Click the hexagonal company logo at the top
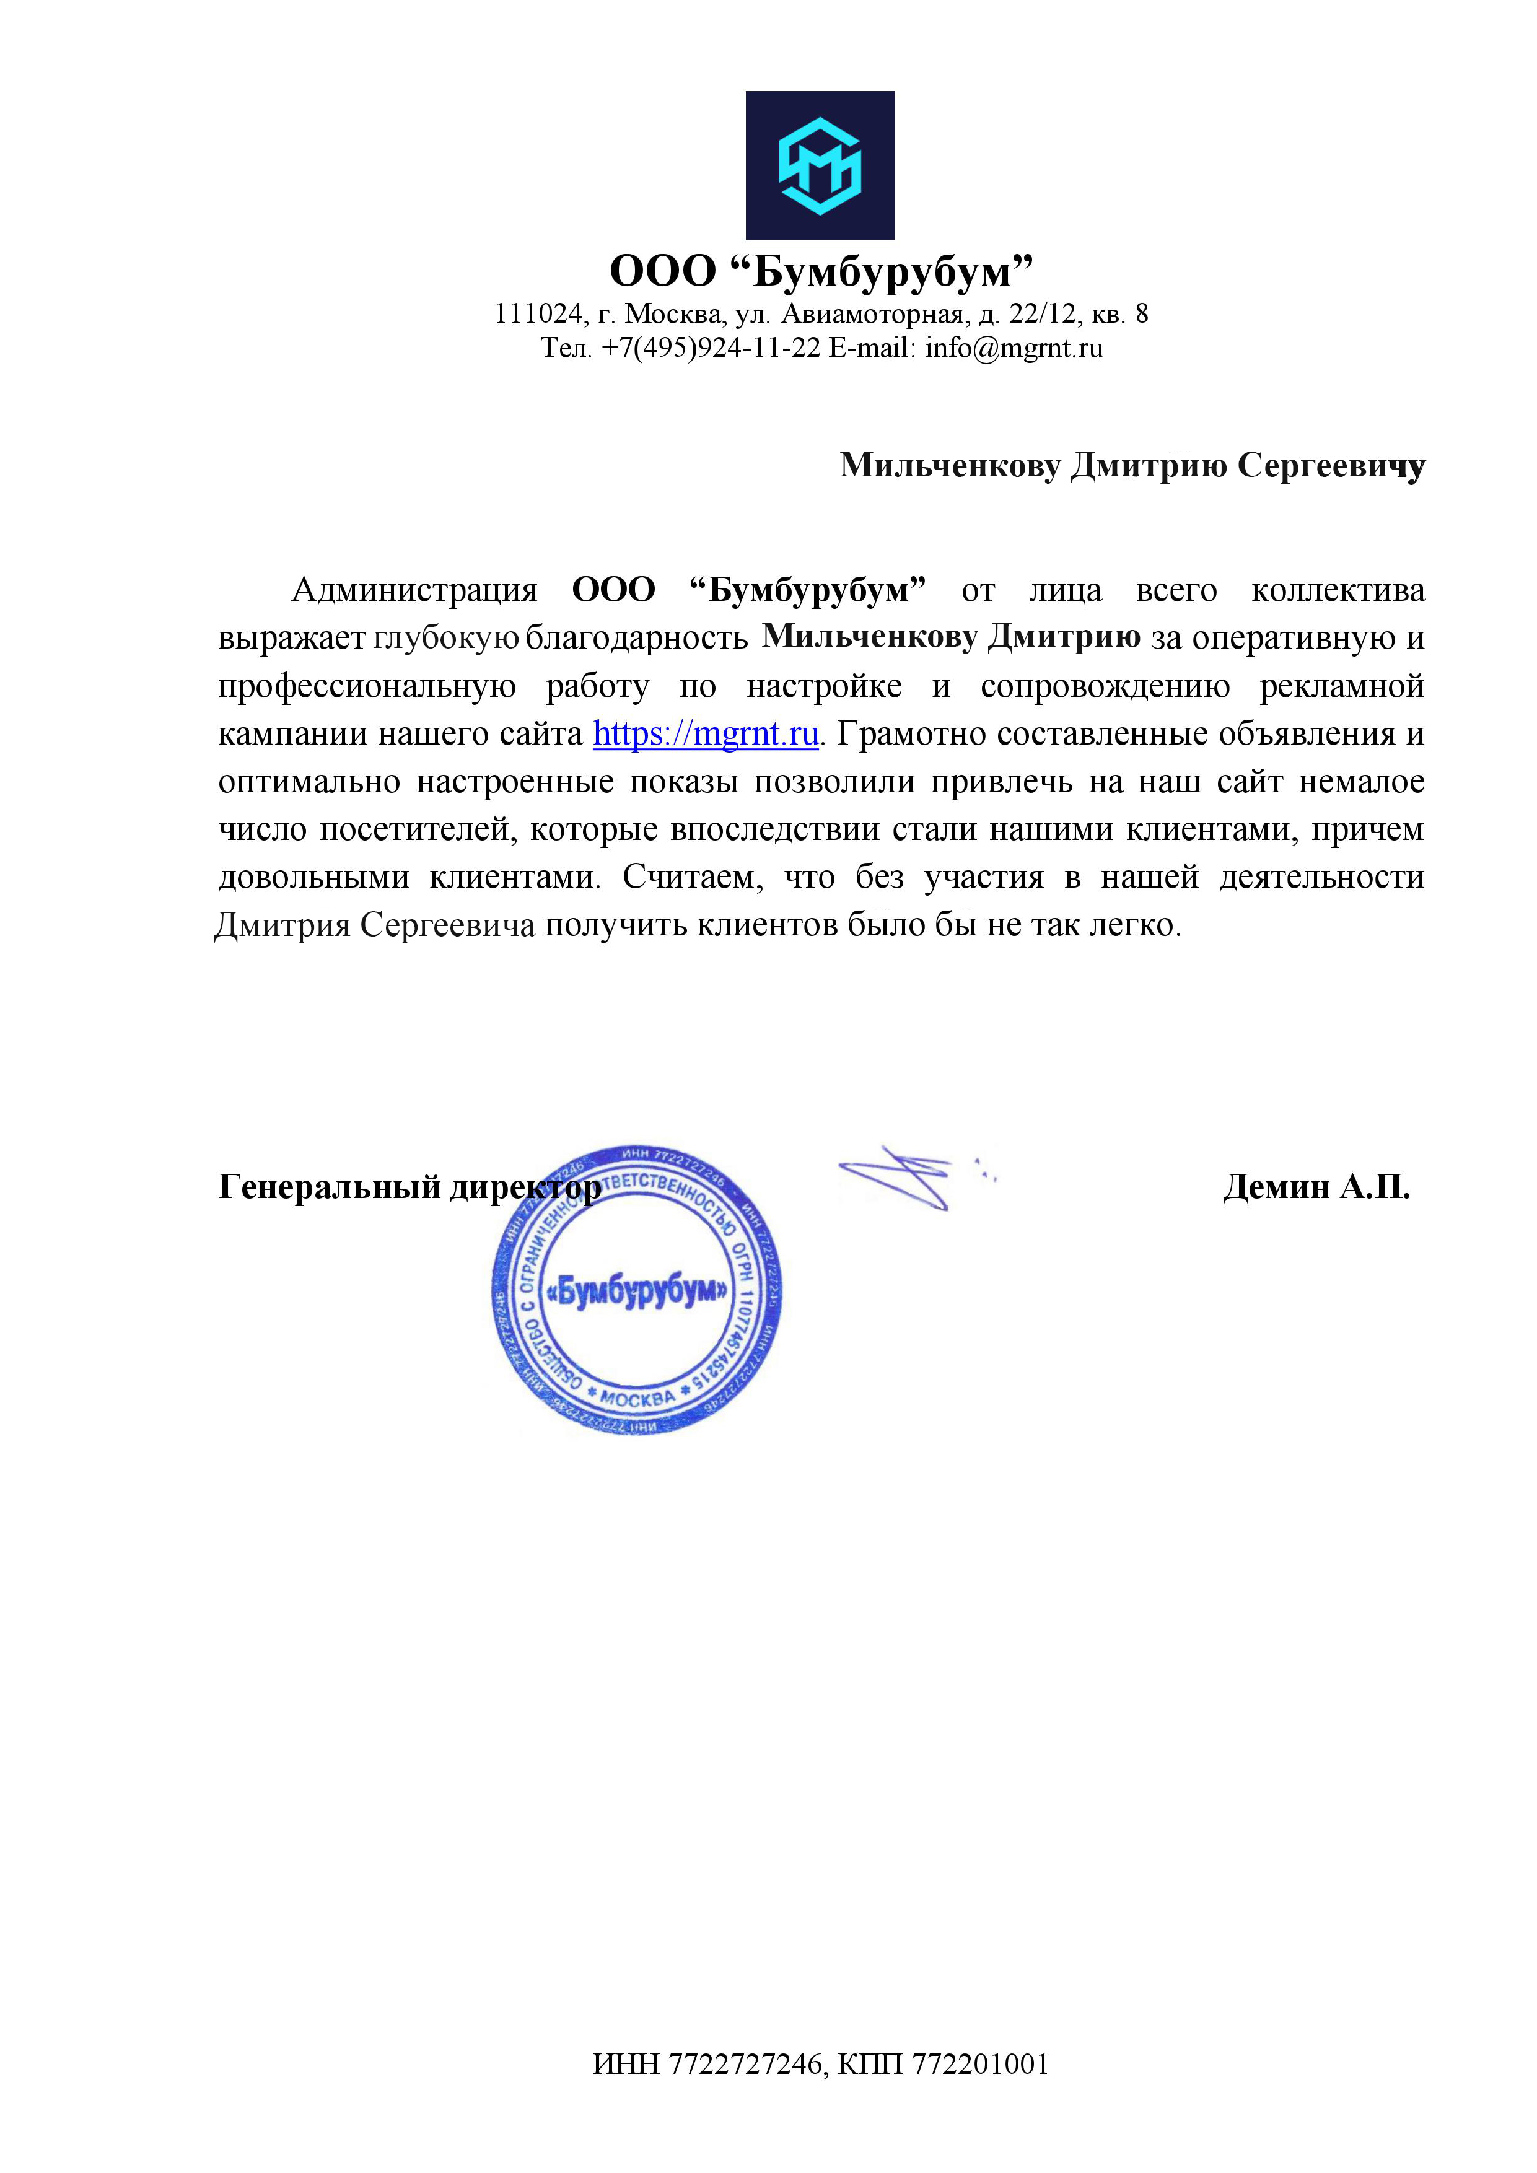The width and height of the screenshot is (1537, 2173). click(820, 165)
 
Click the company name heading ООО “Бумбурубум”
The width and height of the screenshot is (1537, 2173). click(820, 271)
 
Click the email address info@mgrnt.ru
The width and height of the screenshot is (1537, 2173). click(1014, 348)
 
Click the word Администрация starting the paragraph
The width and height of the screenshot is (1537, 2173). click(414, 590)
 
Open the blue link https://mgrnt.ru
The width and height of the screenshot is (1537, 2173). click(705, 733)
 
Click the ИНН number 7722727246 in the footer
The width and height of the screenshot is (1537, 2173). click(745, 2064)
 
